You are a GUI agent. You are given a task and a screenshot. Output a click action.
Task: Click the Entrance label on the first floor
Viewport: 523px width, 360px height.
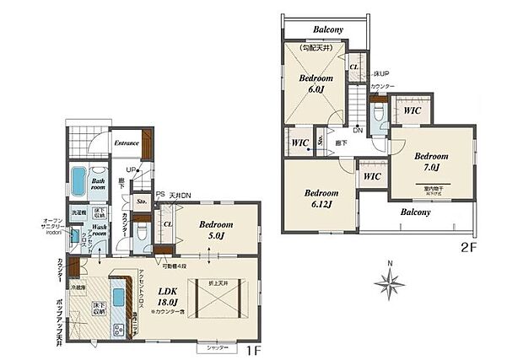(127, 142)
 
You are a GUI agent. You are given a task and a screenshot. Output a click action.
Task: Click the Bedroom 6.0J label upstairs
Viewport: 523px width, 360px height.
(315, 83)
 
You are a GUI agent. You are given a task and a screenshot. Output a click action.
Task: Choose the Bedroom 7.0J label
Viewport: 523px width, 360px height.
(430, 161)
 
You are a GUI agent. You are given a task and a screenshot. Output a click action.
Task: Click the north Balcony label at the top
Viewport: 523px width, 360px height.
(326, 29)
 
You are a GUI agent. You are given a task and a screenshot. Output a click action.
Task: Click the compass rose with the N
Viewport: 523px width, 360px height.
(390, 285)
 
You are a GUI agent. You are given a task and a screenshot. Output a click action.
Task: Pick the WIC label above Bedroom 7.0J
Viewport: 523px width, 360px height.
(412, 110)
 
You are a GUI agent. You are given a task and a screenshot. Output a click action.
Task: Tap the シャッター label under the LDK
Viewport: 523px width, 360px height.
(213, 347)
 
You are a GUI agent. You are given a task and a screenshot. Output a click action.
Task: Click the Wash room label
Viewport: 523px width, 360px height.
(99, 230)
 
